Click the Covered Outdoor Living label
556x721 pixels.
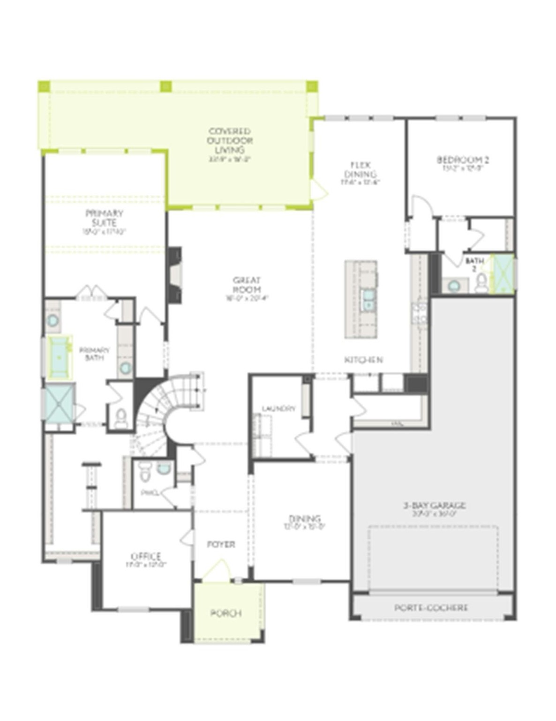coord(230,141)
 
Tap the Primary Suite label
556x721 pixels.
coord(104,218)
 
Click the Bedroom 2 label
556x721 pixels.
coord(463,160)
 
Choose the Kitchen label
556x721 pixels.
coord(363,360)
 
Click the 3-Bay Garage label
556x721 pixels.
coord(435,506)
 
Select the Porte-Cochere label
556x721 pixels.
coord(431,608)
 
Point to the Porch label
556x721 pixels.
coord(226,614)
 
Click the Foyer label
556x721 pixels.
coord(221,545)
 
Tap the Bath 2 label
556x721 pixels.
coord(474,264)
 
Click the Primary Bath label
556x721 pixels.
coord(94,354)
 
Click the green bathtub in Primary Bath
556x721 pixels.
coord(59,357)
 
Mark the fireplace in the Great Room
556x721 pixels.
coord(175,276)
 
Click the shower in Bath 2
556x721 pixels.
coord(502,275)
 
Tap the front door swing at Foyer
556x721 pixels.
coord(217,570)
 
